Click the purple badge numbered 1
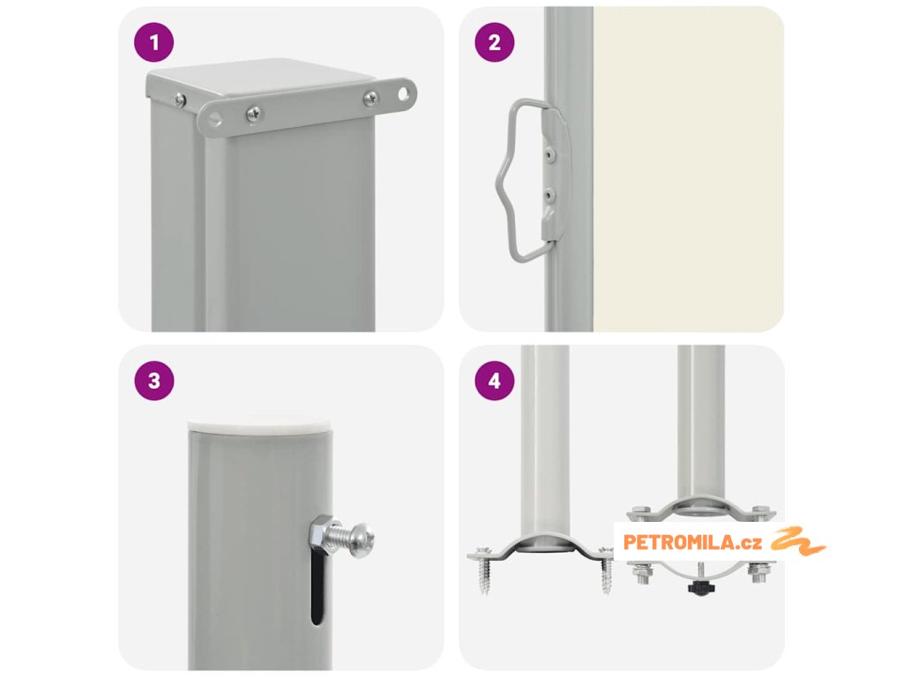tap(153, 42)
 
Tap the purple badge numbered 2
tap(495, 42)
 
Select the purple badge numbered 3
tap(153, 381)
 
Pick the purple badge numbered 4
tap(495, 381)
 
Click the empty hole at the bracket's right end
tap(406, 92)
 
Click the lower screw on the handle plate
tap(551, 197)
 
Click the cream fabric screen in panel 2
tap(688, 169)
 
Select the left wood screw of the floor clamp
tap(483, 570)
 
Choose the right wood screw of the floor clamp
tap(605, 570)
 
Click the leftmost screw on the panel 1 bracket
tap(180, 100)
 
